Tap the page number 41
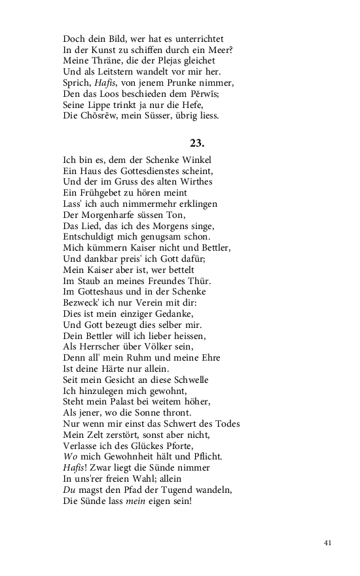click(329, 543)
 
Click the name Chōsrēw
click(102, 116)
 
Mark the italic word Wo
click(70, 456)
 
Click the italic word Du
click(69, 490)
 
